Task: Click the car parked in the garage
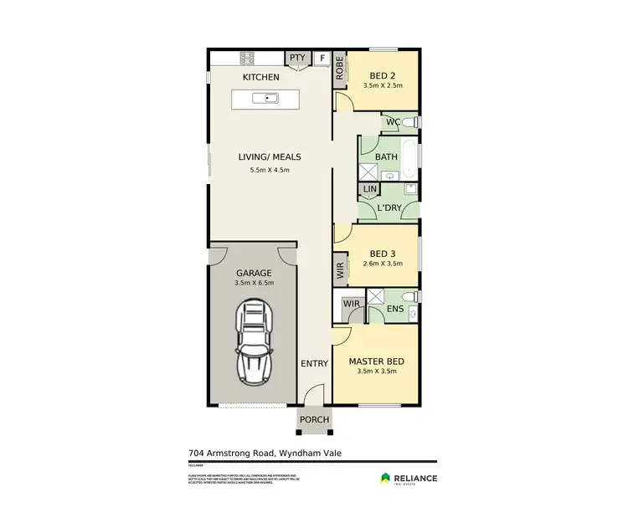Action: [254, 340]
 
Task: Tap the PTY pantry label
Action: [297, 58]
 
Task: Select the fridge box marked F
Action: [322, 59]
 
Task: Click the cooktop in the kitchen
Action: [248, 58]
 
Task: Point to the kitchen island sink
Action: [271, 99]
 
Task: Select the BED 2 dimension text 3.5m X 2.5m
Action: [383, 85]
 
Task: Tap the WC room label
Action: [391, 122]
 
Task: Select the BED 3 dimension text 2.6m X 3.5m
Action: [382, 264]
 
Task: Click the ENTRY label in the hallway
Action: [314, 364]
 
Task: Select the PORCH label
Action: [314, 419]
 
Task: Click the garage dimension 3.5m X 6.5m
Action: [254, 284]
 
